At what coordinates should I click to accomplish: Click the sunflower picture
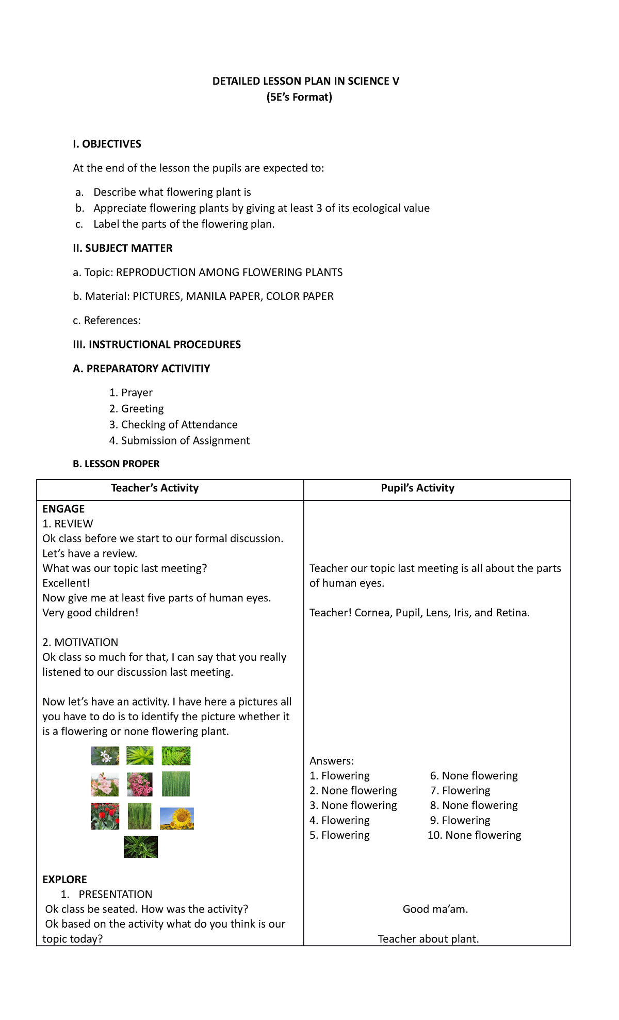pyautogui.click(x=177, y=818)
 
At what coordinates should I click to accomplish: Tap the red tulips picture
pyautogui.click(x=105, y=816)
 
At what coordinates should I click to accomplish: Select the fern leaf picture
pyautogui.click(x=176, y=756)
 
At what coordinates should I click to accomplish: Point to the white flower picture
pyautogui.click(x=105, y=756)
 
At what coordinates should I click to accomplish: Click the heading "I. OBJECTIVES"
pyautogui.click(x=107, y=144)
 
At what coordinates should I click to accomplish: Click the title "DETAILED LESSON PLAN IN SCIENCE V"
pyautogui.click(x=305, y=81)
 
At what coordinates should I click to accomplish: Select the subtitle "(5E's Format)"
pyautogui.click(x=299, y=97)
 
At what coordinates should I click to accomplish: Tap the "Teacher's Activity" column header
pyautogui.click(x=155, y=488)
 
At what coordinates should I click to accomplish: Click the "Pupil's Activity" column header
pyautogui.click(x=417, y=488)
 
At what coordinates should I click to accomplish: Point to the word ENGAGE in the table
pyautogui.click(x=63, y=509)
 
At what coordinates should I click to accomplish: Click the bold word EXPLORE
pyautogui.click(x=64, y=879)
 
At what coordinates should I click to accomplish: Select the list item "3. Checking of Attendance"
pyautogui.click(x=173, y=424)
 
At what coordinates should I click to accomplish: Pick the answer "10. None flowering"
pyautogui.click(x=474, y=835)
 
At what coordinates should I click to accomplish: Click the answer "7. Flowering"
pyautogui.click(x=460, y=790)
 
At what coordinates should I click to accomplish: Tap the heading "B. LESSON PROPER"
pyautogui.click(x=116, y=464)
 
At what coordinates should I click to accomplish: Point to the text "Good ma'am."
pyautogui.click(x=435, y=909)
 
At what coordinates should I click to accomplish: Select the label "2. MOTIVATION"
pyautogui.click(x=80, y=642)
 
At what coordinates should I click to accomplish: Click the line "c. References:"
pyautogui.click(x=107, y=320)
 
